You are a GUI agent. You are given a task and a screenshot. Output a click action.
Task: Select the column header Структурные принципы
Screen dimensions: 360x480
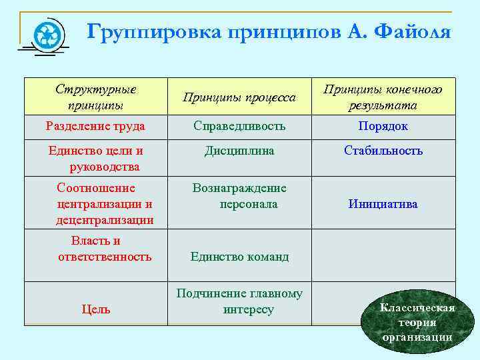(95, 97)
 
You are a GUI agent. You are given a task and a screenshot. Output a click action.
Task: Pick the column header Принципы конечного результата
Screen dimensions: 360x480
(383, 97)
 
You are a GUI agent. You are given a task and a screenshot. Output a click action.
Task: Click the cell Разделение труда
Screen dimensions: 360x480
(95, 126)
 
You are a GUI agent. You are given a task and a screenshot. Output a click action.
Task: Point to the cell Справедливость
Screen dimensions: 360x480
(239, 126)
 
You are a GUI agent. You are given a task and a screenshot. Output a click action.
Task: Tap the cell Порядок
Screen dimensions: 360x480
(383, 126)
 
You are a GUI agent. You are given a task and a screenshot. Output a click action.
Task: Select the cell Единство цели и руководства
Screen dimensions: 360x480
(95, 158)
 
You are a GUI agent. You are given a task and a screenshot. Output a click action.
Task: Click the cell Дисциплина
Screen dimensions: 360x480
(239, 151)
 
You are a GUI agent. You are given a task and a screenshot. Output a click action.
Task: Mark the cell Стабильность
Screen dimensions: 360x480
(383, 151)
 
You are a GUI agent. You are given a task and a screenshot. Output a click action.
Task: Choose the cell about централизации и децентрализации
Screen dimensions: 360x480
(105, 204)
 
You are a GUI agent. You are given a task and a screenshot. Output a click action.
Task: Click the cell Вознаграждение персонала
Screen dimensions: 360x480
(239, 196)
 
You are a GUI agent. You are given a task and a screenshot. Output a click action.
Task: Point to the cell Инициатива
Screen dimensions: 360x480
(383, 204)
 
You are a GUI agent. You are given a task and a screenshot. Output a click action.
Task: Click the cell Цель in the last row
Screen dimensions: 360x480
(95, 309)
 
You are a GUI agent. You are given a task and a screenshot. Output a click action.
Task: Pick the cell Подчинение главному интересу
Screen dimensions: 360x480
(239, 301)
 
